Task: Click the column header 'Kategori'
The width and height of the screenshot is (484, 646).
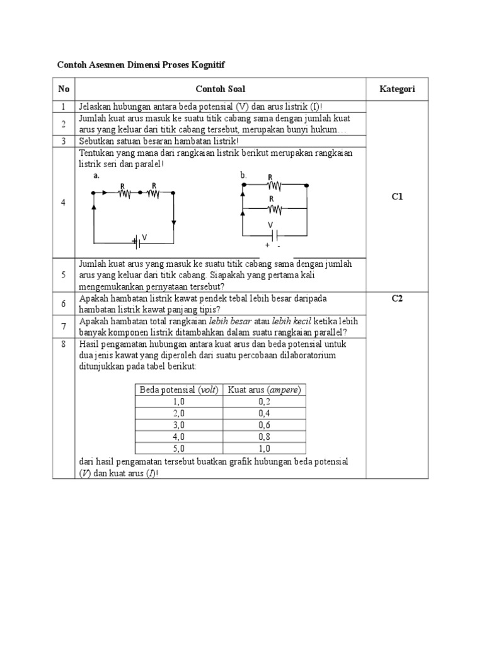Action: pyautogui.click(x=396, y=90)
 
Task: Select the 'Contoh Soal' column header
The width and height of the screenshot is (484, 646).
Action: pyautogui.click(x=221, y=90)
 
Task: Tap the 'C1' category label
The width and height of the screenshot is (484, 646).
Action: pyautogui.click(x=396, y=197)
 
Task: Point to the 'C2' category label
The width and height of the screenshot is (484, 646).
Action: pyautogui.click(x=396, y=298)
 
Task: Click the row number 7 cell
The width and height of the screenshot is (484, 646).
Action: pyautogui.click(x=64, y=326)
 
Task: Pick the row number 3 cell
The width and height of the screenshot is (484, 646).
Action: pyautogui.click(x=64, y=141)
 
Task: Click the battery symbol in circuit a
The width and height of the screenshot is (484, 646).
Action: pyautogui.click(x=136, y=240)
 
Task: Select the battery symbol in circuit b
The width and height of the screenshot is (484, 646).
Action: pyautogui.click(x=272, y=233)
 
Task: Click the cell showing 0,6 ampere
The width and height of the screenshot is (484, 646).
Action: pyautogui.click(x=264, y=425)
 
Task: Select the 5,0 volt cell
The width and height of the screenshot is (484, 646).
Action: pyautogui.click(x=178, y=448)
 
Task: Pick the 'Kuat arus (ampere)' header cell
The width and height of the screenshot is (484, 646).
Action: pyautogui.click(x=264, y=390)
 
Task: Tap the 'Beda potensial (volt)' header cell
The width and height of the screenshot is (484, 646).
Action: pyautogui.click(x=178, y=390)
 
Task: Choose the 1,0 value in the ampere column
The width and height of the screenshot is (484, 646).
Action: pyautogui.click(x=264, y=448)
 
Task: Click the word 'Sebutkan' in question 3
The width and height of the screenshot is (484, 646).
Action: pyautogui.click(x=96, y=141)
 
